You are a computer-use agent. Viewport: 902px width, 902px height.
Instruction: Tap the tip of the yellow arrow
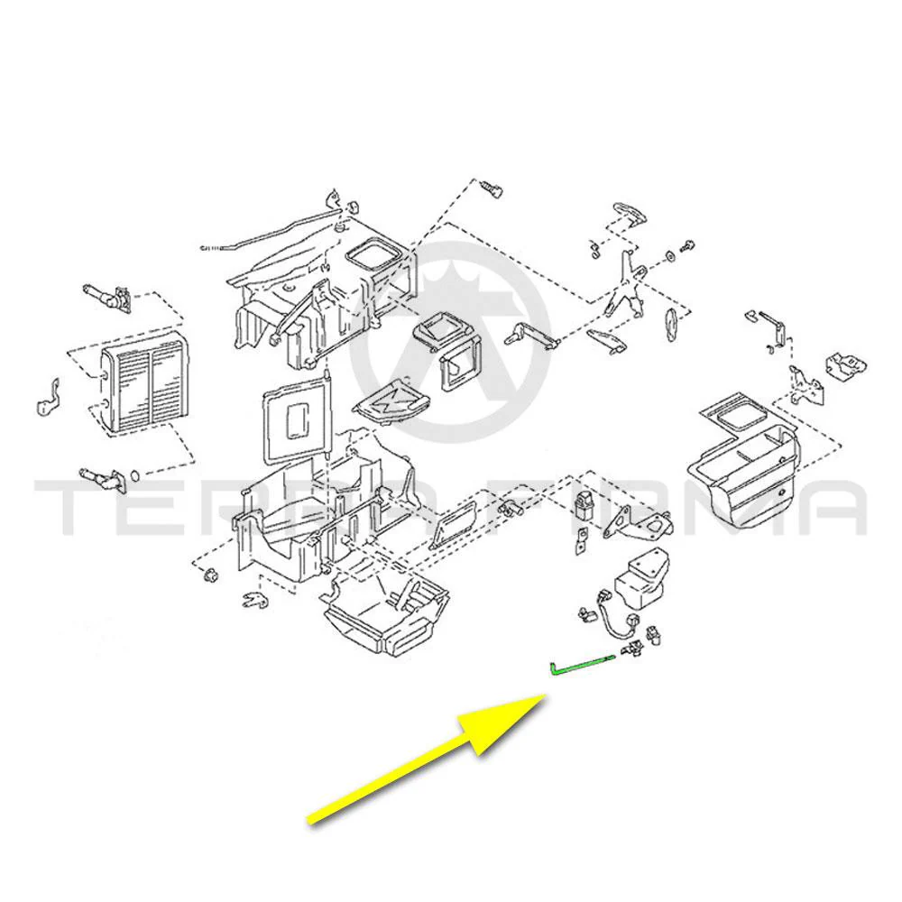[x=545, y=695]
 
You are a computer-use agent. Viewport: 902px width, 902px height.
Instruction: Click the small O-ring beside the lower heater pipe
[x=135, y=475]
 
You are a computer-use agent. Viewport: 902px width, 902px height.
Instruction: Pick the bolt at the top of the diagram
[x=491, y=189]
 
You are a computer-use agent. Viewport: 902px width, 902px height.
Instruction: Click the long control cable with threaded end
[x=271, y=231]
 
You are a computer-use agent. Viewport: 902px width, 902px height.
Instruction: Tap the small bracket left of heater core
[x=49, y=398]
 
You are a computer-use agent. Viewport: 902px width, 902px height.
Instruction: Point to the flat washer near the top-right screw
[x=670, y=255]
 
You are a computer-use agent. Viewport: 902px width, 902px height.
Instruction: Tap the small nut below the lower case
[x=210, y=574]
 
